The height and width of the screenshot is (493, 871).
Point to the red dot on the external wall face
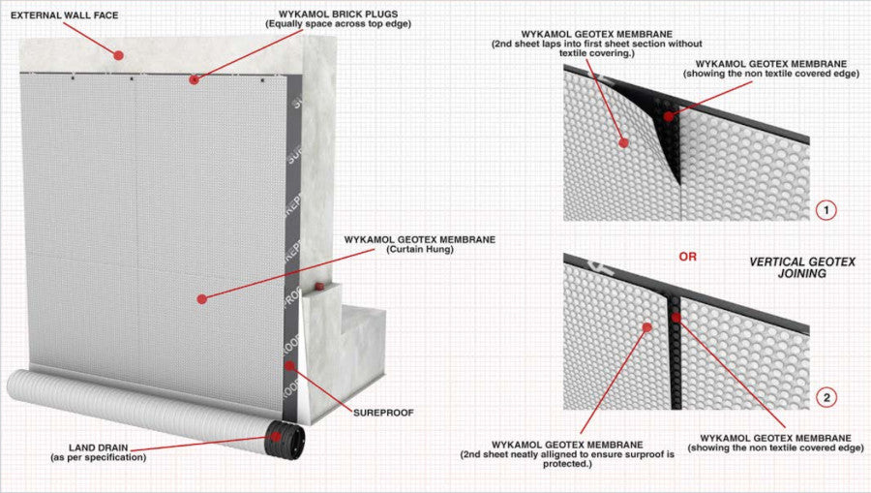point(118,55)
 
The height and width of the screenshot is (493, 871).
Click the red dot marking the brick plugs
point(194,77)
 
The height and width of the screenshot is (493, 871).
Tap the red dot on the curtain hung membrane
point(202,299)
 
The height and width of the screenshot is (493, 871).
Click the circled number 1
point(825,209)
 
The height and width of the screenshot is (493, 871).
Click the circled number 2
point(825,397)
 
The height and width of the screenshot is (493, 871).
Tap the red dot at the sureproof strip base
point(288,365)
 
